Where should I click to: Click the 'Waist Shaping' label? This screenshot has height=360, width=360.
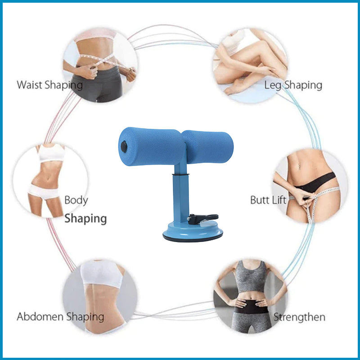pyautogui.click(x=49, y=85)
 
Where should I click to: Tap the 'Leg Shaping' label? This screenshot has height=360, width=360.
pyautogui.click(x=293, y=85)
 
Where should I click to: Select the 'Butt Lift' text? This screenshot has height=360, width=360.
pyautogui.click(x=268, y=200)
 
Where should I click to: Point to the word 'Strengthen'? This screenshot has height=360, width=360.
pyautogui.click(x=299, y=317)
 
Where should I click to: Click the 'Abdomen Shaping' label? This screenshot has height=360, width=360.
pyautogui.click(x=60, y=317)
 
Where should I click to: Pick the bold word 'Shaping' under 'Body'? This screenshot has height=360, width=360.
pyautogui.click(x=85, y=218)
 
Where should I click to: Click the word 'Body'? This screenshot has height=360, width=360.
pyautogui.click(x=76, y=200)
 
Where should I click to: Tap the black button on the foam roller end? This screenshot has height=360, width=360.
pyautogui.click(x=124, y=147)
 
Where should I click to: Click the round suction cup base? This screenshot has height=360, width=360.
pyautogui.click(x=193, y=232)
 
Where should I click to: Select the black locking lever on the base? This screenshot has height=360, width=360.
pyautogui.click(x=202, y=219)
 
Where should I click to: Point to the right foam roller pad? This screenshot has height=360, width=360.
pyautogui.click(x=208, y=147)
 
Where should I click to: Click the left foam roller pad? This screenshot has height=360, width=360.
pyautogui.click(x=152, y=147)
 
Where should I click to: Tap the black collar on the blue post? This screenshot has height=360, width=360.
pyautogui.click(x=181, y=175)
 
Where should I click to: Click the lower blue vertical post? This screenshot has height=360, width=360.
pyautogui.click(x=181, y=198)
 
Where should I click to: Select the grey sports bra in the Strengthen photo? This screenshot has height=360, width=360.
pyautogui.click(x=251, y=277)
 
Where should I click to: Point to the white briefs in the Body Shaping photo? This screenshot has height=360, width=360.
pyautogui.click(x=44, y=192)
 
